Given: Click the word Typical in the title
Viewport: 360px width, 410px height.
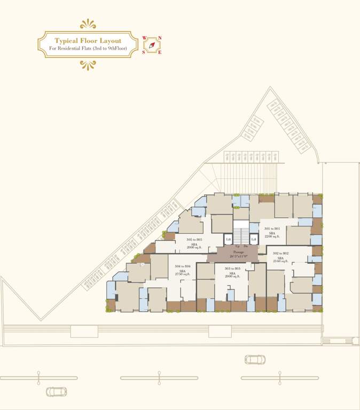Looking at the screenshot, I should pos(66,41).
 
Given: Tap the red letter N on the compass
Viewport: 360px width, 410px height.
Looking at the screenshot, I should pos(160,38).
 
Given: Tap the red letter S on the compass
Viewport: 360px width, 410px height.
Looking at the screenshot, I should pos(144,52).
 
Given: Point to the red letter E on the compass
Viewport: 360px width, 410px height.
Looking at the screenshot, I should pos(160,52).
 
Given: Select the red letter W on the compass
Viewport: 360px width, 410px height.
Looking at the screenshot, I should pos(144,38).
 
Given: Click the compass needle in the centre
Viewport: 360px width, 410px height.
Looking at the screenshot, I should pos(152,45).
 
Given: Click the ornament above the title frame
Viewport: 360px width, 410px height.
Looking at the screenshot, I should pos(88,24).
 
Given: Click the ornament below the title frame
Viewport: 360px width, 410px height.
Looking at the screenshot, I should pos(88,65).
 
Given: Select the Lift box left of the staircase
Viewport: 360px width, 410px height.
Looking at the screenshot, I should pos(228,240).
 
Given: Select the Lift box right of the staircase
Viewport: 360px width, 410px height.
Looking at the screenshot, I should pos(254,240).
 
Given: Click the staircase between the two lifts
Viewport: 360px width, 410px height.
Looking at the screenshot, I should pos(241,235).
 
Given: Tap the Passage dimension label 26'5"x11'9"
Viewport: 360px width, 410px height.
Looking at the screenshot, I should pos(238,256).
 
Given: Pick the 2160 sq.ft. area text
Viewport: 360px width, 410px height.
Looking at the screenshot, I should pos(280,262).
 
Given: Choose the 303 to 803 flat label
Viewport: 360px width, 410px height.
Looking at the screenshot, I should pos(232,269).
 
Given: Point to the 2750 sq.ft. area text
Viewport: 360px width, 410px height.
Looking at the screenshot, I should pos(183,274).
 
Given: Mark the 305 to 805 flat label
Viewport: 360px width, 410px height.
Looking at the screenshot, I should pos(194,240).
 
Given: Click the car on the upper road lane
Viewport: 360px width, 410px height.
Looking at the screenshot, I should pos(254,359).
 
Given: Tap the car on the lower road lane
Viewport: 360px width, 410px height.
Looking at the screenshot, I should pos(56,392).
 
